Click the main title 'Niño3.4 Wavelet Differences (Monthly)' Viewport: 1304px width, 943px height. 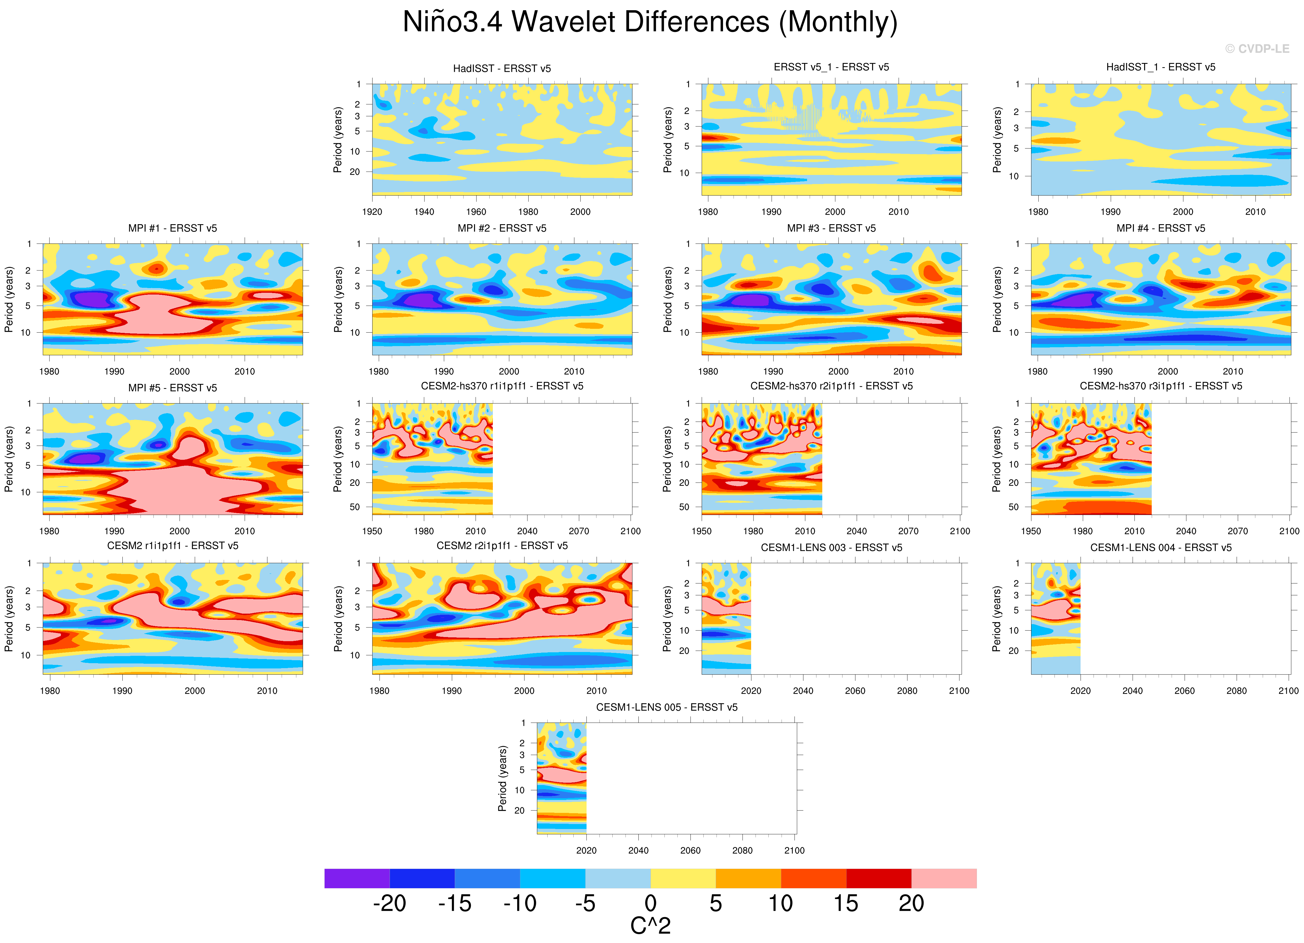pyautogui.click(x=650, y=22)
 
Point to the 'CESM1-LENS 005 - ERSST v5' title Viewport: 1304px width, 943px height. pyautogui.click(x=666, y=707)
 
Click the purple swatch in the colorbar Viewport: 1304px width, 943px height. pyautogui.click(x=356, y=878)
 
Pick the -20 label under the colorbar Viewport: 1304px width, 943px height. pyautogui.click(x=389, y=904)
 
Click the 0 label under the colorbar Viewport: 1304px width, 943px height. pyautogui.click(x=650, y=904)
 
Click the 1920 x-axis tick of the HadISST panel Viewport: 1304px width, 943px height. pyautogui.click(x=372, y=212)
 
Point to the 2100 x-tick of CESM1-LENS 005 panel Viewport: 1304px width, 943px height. pyautogui.click(x=794, y=850)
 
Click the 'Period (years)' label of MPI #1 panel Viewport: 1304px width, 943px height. pyautogui.click(x=8, y=299)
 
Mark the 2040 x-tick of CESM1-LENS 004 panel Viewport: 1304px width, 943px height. pyautogui.click(x=1132, y=690)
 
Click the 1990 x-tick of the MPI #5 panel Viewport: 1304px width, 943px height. pyautogui.click(x=114, y=531)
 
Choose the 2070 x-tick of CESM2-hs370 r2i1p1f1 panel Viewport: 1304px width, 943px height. pyautogui.click(x=908, y=531)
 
